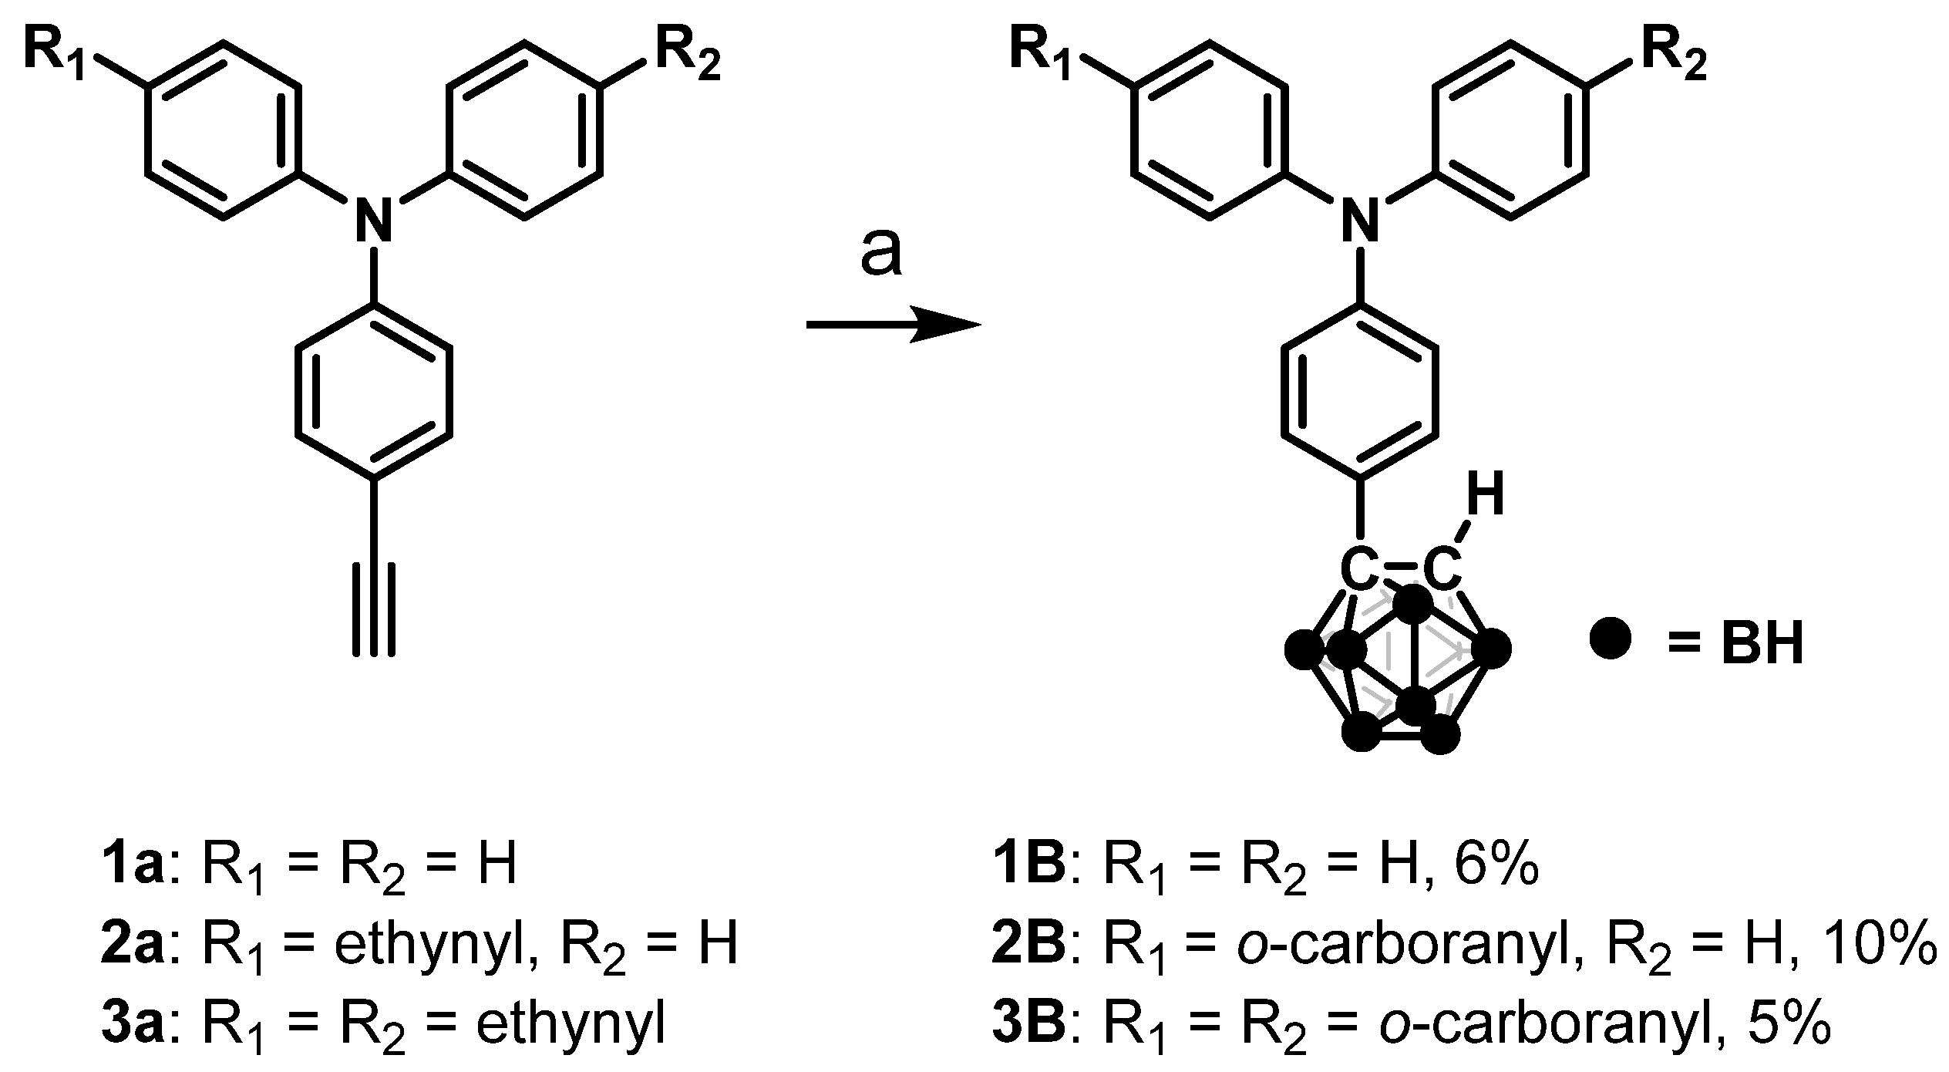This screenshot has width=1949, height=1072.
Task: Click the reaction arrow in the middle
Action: click(893, 325)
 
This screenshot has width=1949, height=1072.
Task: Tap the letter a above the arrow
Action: click(880, 254)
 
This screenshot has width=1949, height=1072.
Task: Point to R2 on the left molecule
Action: click(688, 58)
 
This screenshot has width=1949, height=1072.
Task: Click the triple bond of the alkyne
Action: click(374, 609)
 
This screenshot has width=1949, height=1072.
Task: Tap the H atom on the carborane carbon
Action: click(1485, 498)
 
